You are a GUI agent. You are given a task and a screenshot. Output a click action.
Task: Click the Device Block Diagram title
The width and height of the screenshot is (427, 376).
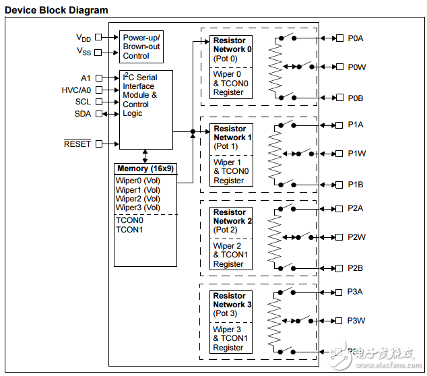point(56,10)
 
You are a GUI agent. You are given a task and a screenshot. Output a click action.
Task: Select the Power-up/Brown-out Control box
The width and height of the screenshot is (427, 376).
point(141,46)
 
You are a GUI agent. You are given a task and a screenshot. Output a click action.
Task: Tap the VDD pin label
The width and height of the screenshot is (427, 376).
point(84,38)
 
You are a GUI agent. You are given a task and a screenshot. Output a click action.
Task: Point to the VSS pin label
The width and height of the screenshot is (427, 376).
point(84,52)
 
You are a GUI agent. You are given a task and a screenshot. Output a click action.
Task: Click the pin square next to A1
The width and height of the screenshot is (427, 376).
point(98,78)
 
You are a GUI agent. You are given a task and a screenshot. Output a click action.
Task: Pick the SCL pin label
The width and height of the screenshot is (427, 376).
point(83,102)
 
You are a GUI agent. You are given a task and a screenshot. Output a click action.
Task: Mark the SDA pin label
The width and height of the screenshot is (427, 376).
point(82,114)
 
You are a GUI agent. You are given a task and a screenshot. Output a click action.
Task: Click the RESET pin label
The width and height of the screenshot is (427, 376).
point(77,144)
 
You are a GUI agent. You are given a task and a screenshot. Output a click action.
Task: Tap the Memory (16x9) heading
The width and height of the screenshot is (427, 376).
point(145,168)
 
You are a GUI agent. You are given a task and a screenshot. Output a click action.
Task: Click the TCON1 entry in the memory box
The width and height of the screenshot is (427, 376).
point(129,230)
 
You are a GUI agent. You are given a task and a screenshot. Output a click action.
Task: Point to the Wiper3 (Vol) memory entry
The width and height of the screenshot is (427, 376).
point(138,208)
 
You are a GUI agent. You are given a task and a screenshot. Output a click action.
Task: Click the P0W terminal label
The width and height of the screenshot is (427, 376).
point(356,67)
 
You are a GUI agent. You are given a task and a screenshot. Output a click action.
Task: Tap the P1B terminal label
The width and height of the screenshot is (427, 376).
point(356,184)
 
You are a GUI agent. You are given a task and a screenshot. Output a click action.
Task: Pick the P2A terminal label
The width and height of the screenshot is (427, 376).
point(356,208)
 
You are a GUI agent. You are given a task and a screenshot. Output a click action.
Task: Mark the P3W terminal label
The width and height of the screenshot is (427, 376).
point(356,321)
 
